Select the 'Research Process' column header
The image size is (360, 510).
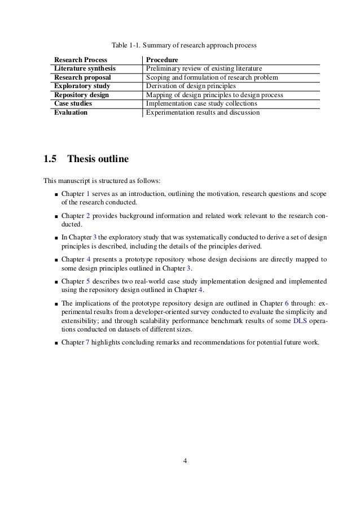point(80,60)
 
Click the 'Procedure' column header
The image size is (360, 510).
point(162,60)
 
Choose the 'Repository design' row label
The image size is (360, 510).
point(81,95)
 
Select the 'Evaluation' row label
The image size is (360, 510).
point(71,112)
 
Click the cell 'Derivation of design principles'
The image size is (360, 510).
point(191,86)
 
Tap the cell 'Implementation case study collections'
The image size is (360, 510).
point(201,104)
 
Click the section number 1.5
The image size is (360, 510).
point(50,159)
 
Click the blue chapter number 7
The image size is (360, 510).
point(87,342)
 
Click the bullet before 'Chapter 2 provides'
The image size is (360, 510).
point(56,216)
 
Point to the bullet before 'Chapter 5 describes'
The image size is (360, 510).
point(56,281)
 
